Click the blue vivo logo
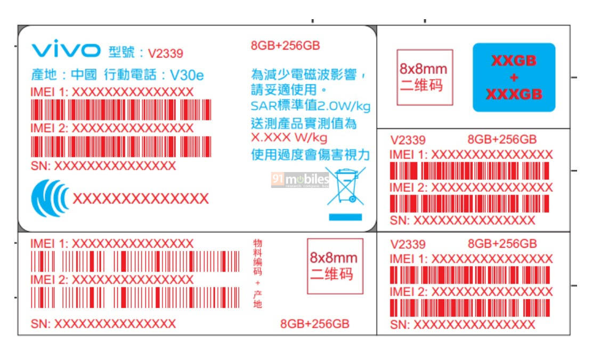pyautogui.click(x=66, y=50)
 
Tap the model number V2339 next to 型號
pyautogui.click(x=166, y=53)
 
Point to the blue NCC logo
pyautogui.click(x=50, y=198)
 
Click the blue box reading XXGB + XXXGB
pyautogui.click(x=514, y=77)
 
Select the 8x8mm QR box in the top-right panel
pyautogui.click(x=424, y=77)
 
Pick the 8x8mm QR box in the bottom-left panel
pyautogui.click(x=335, y=266)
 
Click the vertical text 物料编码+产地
pyautogui.click(x=258, y=273)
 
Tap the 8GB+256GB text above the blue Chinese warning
pyautogui.click(x=285, y=45)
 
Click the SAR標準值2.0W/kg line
pyautogui.click(x=310, y=107)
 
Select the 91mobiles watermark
pyautogui.click(x=300, y=181)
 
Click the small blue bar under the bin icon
pyautogui.click(x=345, y=217)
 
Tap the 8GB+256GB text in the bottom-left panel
pyautogui.click(x=314, y=324)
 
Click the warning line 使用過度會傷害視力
pyautogui.click(x=310, y=155)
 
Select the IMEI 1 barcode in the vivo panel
pyautogui.click(x=121, y=110)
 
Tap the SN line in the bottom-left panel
pyautogui.click(x=103, y=324)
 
